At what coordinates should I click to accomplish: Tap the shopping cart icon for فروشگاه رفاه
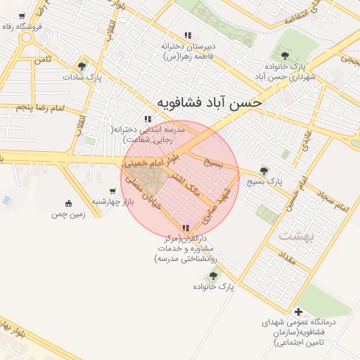tap(22, 16)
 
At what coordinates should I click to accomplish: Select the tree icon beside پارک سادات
tap(82, 67)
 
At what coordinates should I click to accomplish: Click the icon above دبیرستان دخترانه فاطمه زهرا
tap(187, 35)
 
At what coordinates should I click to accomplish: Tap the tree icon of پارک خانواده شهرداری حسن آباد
tap(284, 55)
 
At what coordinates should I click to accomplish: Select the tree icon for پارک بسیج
tap(264, 170)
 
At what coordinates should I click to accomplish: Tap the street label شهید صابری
tap(219, 200)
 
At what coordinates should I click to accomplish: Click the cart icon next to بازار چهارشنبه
tap(112, 191)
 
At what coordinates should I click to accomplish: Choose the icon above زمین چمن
tap(67, 203)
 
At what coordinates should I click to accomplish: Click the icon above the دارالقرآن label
tap(186, 229)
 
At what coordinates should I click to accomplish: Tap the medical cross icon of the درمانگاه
tap(299, 311)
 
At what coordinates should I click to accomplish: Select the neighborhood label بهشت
tap(292, 235)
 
